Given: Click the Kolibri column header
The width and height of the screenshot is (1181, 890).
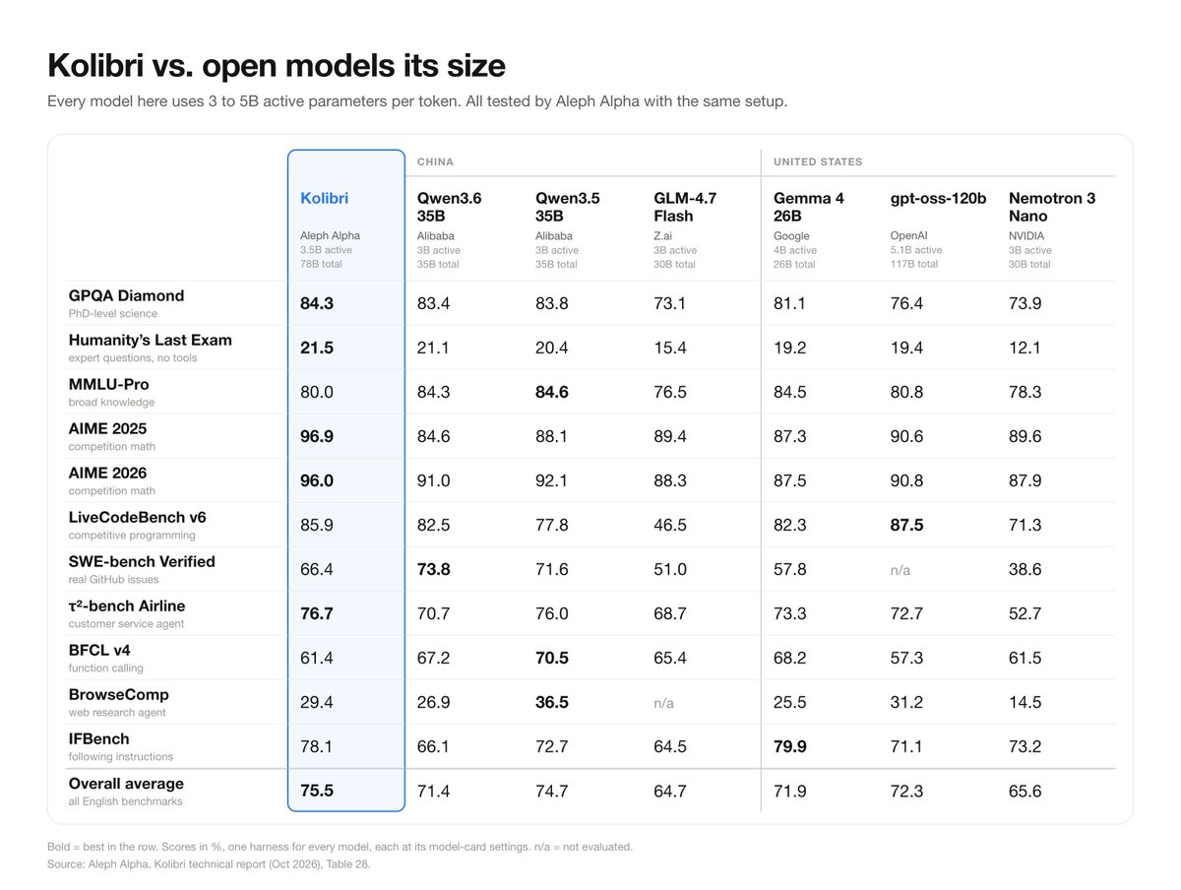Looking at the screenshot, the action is pos(324,198).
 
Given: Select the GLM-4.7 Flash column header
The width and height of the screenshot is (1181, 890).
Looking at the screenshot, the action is pos(685,207).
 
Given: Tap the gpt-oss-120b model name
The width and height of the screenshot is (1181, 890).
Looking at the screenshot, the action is pos(938,198).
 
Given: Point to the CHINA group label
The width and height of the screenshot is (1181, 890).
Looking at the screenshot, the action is pos(435,162).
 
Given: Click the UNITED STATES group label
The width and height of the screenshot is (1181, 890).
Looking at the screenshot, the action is pos(818,162).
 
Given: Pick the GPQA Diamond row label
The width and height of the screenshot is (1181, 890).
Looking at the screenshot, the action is pos(126,295).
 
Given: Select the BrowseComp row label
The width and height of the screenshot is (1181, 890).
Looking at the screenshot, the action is pos(118,694).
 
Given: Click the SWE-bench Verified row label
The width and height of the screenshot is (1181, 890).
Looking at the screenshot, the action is pos(142,561).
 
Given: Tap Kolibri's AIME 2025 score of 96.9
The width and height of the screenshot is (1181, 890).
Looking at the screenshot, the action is pos(317,436).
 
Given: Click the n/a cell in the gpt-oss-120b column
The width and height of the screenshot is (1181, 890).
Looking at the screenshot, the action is pos(901,570).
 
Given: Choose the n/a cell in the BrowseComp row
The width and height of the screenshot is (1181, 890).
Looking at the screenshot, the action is pos(663,703).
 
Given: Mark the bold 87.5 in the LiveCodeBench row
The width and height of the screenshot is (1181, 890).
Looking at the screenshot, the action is pos(906,525).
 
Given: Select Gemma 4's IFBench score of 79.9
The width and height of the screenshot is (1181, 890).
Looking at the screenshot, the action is pos(790,746).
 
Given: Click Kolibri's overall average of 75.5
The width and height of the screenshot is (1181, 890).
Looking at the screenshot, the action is pos(317,791).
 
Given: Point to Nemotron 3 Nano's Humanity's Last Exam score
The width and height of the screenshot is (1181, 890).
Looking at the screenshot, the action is pos(1025,348).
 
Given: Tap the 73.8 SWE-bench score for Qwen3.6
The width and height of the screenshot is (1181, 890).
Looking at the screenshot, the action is pos(434,569).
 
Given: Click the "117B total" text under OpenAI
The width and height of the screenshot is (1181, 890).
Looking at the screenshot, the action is pos(913,264).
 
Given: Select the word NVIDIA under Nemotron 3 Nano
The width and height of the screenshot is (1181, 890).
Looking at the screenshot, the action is pos(1026,235).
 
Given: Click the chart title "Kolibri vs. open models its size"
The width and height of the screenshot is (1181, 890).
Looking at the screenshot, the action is pos(277,66).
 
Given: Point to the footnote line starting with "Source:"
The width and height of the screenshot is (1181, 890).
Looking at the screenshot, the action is pos(209,864).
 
